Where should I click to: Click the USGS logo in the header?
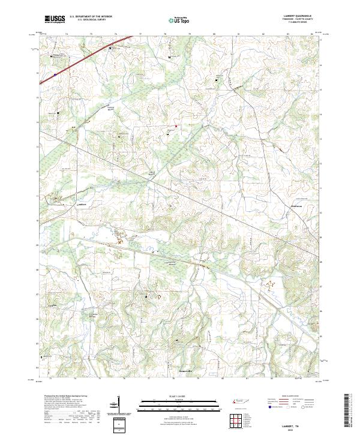click(55, 20)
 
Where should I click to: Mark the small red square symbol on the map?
click(176, 126)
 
